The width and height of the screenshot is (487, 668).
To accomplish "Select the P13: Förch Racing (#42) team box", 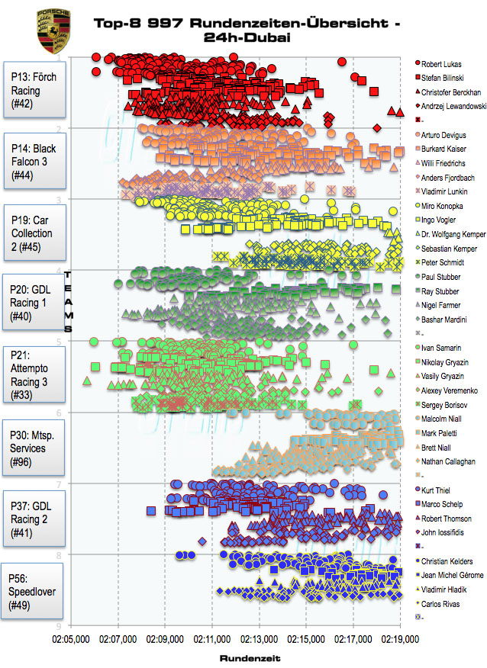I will [34, 91].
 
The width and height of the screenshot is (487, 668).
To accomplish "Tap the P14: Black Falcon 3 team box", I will [34, 162].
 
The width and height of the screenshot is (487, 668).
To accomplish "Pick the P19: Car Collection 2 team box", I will [34, 233].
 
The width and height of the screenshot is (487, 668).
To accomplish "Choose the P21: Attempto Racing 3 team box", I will [34, 374].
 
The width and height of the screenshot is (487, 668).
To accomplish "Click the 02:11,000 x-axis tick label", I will [213, 634].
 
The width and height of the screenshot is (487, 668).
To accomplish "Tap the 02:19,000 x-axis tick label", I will [400, 634].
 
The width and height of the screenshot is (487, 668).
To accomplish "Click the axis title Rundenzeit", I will [247, 657].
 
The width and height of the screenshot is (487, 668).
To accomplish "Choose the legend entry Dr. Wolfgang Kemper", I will [453, 234].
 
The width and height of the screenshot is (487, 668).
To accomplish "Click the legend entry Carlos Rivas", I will [443, 603].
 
